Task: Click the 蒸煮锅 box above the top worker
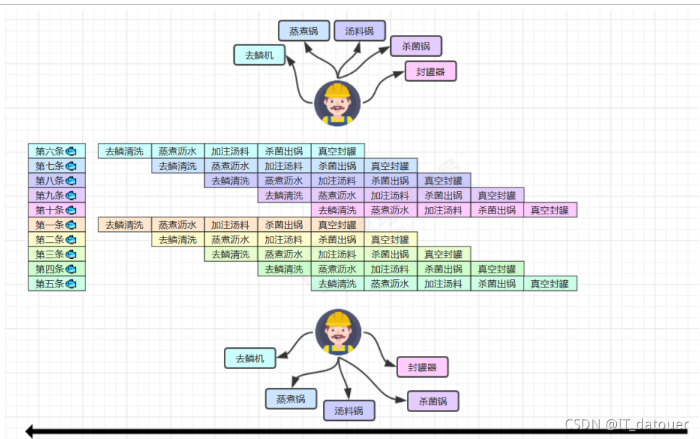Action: (304, 31)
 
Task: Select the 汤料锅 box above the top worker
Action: (359, 31)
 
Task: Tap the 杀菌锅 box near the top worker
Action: (416, 47)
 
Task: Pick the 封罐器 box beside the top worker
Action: (431, 71)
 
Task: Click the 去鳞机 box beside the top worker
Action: (259, 55)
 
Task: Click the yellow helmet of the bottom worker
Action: (338, 319)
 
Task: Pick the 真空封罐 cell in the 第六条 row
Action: (337, 152)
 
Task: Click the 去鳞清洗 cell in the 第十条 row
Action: (337, 210)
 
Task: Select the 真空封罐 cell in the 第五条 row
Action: (550, 283)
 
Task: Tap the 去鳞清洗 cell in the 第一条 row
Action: (125, 225)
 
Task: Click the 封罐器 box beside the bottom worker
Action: (422, 367)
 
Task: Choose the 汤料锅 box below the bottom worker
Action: (349, 411)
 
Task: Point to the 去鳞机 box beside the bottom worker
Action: (250, 358)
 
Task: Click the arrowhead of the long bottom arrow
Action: (30, 431)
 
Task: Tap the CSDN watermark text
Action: (626, 424)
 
